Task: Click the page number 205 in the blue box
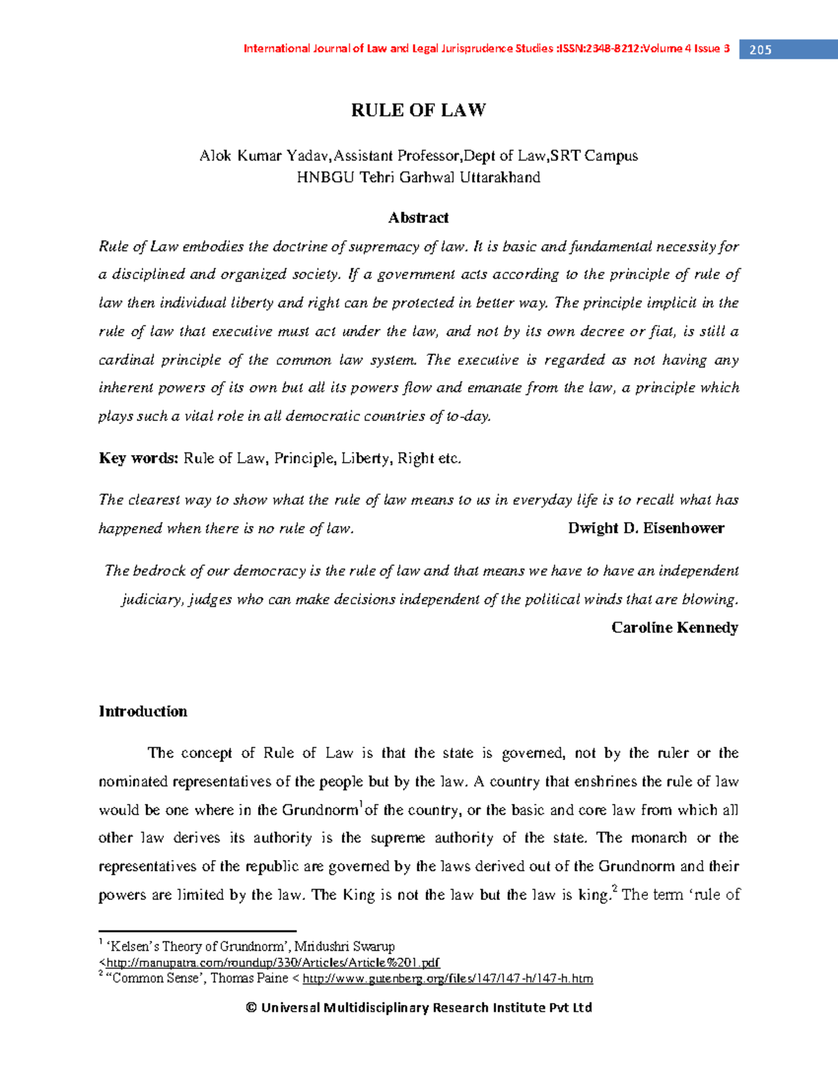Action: pos(760,50)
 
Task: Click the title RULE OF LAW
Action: pos(418,110)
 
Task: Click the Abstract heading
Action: pos(418,218)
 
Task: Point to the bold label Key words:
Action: pos(138,459)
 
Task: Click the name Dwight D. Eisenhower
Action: pos(646,528)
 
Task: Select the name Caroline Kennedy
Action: pos(675,628)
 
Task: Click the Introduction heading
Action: pos(143,711)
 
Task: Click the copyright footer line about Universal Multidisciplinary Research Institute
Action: pos(418,1007)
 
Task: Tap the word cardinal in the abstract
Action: pos(126,360)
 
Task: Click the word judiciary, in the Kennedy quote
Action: pos(152,600)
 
